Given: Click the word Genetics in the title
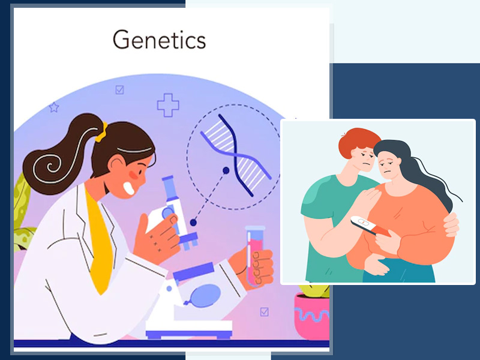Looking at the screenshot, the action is tap(159, 40).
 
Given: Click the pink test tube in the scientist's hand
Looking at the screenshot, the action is tap(254, 256).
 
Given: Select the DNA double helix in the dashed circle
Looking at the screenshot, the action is tap(236, 155).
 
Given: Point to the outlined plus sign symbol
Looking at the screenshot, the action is tap(168, 105).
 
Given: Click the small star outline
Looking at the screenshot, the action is tap(54, 107).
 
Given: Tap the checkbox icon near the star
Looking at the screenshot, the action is tap(119, 89).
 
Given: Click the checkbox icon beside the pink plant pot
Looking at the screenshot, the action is tap(265, 311).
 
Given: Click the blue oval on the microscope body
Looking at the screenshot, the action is tap(205, 295).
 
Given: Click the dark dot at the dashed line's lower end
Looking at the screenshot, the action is tap(193, 223).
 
